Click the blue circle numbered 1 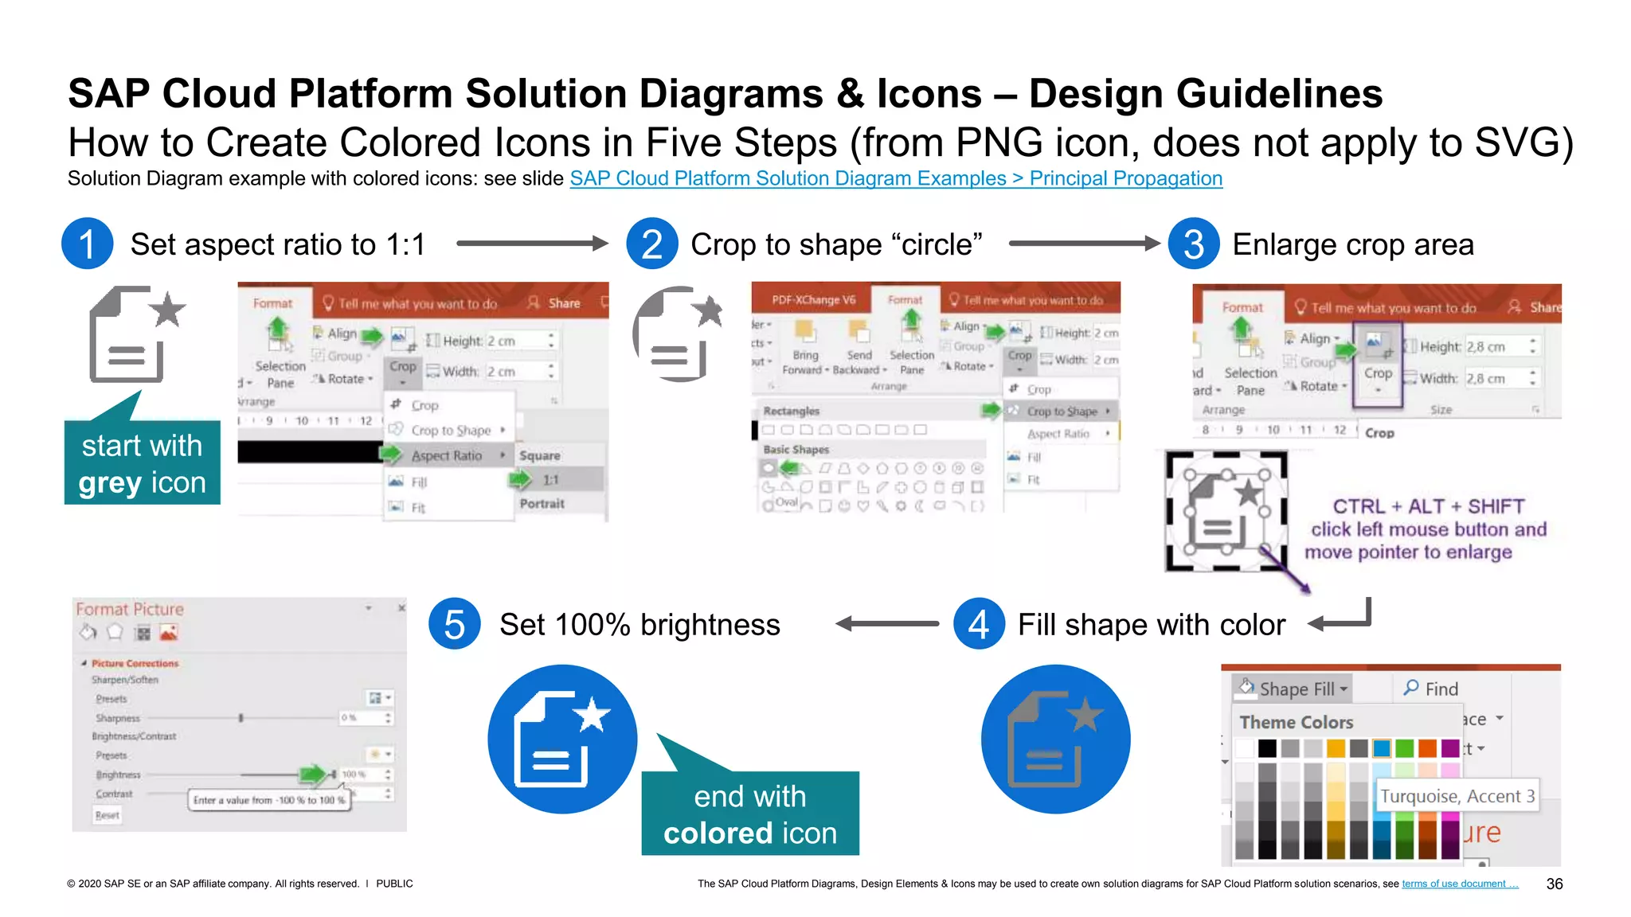pyautogui.click(x=87, y=244)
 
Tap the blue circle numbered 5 pyautogui.click(x=454, y=624)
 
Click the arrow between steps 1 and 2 pyautogui.click(x=532, y=244)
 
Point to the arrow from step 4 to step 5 pyautogui.click(x=887, y=624)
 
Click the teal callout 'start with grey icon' pyautogui.click(x=142, y=463)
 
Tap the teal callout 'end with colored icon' pyautogui.click(x=750, y=814)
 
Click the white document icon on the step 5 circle pyautogui.click(x=561, y=740)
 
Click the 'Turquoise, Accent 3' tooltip pyautogui.click(x=1457, y=796)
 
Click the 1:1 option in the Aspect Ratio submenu pyautogui.click(x=551, y=480)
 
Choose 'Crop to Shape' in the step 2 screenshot pyautogui.click(x=1062, y=412)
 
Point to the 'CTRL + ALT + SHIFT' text pyautogui.click(x=1429, y=506)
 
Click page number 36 pyautogui.click(x=1554, y=884)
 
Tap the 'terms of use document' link pyautogui.click(x=1459, y=884)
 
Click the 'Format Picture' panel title pyautogui.click(x=130, y=609)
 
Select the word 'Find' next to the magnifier pyautogui.click(x=1441, y=689)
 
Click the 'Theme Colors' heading pyautogui.click(x=1296, y=722)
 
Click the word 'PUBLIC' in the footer pyautogui.click(x=394, y=884)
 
